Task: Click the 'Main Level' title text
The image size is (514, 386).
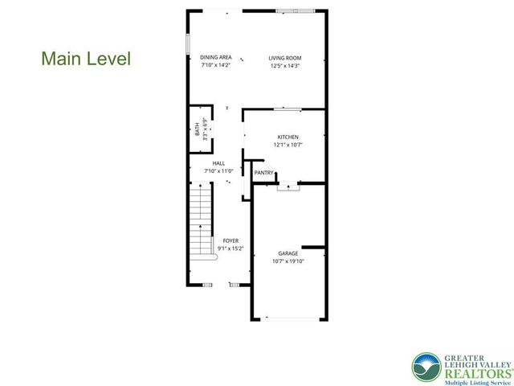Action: [x=85, y=59]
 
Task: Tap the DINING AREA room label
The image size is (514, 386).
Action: [x=216, y=57]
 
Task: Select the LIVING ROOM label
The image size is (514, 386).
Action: [x=285, y=57]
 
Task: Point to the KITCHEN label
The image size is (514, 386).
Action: [x=288, y=137]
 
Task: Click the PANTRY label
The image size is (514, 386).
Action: [x=263, y=172]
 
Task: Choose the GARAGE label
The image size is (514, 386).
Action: [x=288, y=253]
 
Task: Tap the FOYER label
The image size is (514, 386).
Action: [x=230, y=240]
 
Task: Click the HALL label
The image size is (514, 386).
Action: [x=218, y=162]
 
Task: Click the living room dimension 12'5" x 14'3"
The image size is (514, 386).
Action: [x=285, y=65]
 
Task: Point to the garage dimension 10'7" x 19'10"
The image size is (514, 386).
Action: [x=288, y=261]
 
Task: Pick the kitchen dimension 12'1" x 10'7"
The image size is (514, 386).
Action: [x=288, y=146]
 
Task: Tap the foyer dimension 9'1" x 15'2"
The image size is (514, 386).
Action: [x=230, y=248]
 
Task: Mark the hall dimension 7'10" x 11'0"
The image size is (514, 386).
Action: [x=218, y=170]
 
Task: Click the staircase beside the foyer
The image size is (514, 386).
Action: [x=200, y=233]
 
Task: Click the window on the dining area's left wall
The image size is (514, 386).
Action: [x=188, y=43]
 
